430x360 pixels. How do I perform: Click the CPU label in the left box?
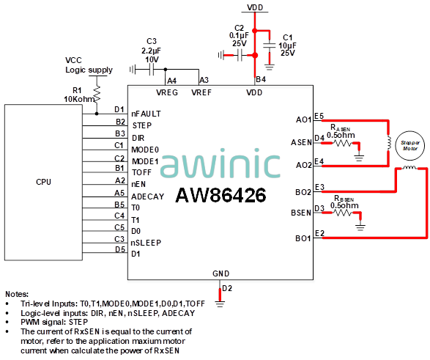tap(43, 182)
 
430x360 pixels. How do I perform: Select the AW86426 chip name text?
tap(220, 195)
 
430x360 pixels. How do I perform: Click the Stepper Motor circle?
tap(409, 145)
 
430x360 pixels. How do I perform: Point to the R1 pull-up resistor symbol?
tap(97, 94)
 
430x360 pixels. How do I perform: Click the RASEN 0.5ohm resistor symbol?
tap(341, 143)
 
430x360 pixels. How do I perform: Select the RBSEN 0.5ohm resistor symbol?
tap(343, 213)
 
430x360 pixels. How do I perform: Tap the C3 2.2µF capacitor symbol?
tap(152, 70)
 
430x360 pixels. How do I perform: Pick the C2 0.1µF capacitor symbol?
tap(240, 56)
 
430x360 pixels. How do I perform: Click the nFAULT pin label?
tap(146, 114)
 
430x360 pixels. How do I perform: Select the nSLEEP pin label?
tap(146, 243)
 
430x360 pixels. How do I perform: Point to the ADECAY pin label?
tap(147, 196)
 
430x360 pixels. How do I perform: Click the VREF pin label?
tap(201, 92)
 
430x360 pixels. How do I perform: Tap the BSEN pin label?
tap(301, 213)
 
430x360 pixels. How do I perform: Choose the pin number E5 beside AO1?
tap(319, 116)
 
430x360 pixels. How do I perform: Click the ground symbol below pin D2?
tap(220, 304)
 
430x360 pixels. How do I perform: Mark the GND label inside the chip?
tap(220, 273)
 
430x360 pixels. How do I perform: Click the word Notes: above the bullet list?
tap(17, 294)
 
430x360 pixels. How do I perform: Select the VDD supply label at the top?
tap(255, 7)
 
